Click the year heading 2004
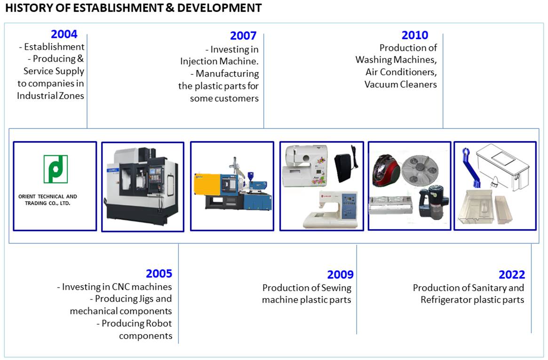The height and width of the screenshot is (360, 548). (64, 34)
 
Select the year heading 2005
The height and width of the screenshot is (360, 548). (159, 273)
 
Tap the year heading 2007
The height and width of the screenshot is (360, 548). (243, 36)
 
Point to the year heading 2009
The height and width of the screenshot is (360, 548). (341, 274)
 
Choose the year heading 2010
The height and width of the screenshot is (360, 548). (415, 35)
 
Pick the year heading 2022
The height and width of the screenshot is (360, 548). (512, 274)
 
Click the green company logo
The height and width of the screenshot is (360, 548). (56, 169)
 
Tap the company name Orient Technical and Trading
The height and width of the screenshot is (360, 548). (48, 200)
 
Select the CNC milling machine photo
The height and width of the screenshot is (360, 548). (143, 187)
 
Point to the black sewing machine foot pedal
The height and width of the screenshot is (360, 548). (345, 164)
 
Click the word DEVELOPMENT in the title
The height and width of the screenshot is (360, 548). (219, 8)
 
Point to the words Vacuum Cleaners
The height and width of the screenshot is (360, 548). (400, 84)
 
